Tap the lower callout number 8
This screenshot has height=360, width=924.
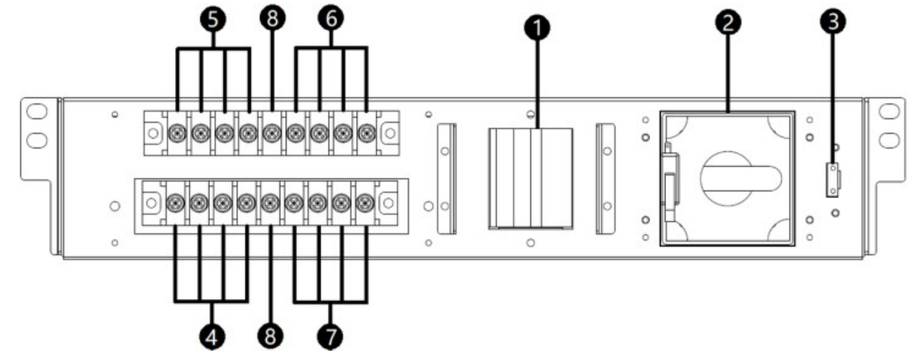[270, 338]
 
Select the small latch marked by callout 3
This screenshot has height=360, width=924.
[833, 181]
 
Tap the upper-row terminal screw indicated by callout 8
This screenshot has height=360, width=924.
[272, 131]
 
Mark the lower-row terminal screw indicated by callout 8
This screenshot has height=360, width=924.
[270, 203]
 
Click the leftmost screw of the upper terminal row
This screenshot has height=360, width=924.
[178, 131]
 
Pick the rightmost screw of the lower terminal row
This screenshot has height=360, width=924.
[364, 203]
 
